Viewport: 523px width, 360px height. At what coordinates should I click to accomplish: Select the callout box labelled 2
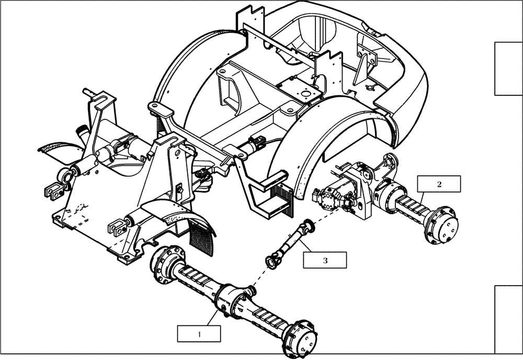click(x=439, y=184)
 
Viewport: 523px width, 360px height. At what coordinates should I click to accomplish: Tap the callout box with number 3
click(x=324, y=260)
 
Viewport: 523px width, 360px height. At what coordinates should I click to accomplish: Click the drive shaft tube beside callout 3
click(x=289, y=242)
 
